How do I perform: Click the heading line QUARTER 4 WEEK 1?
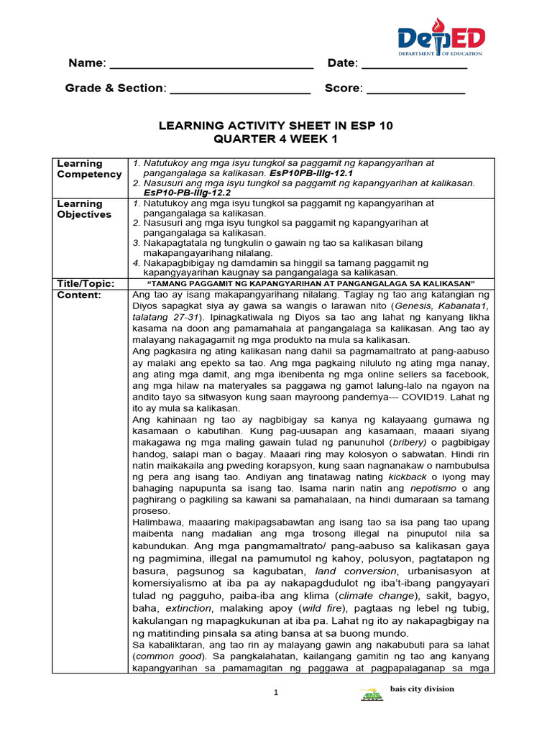[x=275, y=139]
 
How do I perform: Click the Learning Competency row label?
[x=89, y=169]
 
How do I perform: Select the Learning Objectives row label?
[x=84, y=209]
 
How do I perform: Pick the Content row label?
[x=79, y=295]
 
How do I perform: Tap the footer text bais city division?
[x=422, y=689]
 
